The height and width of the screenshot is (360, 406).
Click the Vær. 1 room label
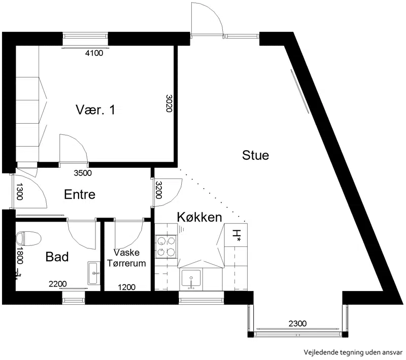(x=95, y=110)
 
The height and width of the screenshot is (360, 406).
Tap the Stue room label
(x=256, y=155)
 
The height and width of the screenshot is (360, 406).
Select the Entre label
(x=80, y=194)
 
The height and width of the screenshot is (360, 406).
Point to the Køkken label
(x=199, y=217)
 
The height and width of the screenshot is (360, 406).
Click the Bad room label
(x=57, y=257)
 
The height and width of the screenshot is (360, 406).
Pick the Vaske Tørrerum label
(x=126, y=258)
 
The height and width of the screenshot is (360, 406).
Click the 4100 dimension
(x=94, y=53)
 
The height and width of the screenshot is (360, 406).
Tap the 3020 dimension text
(x=169, y=103)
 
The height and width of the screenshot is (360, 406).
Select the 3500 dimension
(x=83, y=173)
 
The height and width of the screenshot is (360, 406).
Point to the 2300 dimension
(x=298, y=323)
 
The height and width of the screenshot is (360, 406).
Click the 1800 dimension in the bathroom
(x=20, y=256)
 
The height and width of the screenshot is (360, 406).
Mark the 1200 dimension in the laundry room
(x=127, y=287)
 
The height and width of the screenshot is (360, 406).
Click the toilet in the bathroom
(x=28, y=238)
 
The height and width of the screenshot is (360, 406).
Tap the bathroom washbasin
(x=94, y=273)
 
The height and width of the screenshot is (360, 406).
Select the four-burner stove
(x=166, y=247)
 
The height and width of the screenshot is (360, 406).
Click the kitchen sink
(x=191, y=278)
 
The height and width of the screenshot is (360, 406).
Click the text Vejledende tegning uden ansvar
(x=353, y=352)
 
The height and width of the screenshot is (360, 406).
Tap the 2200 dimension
(x=58, y=284)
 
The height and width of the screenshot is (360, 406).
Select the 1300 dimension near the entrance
(x=20, y=191)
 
